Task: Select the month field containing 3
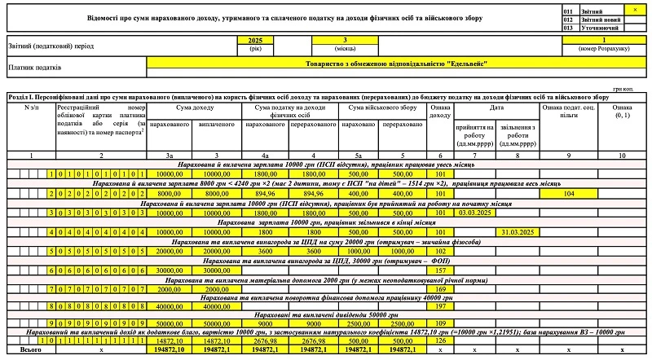[346, 40]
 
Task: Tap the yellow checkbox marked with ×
[635, 8]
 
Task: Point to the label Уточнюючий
[599, 28]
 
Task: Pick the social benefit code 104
[568, 194]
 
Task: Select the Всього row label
[29, 349]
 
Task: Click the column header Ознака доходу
[438, 111]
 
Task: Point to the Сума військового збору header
[382, 107]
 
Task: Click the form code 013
[569, 28]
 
